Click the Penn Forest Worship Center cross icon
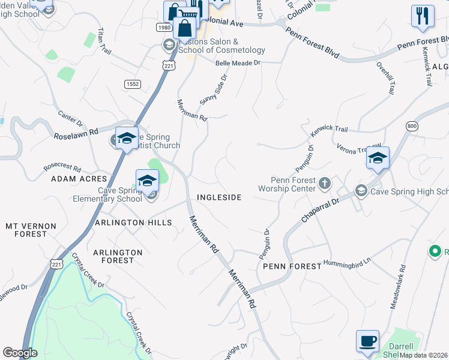pos(324,182)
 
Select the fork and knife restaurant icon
pos(423,17)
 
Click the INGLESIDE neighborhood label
pos(219,197)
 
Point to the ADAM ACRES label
pos(79,179)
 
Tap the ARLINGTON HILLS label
pos(133,223)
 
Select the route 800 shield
pos(411,126)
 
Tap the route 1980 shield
pos(163,28)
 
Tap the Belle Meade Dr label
pos(238,62)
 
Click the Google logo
pos(20,353)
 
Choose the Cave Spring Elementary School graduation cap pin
pos(147,180)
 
